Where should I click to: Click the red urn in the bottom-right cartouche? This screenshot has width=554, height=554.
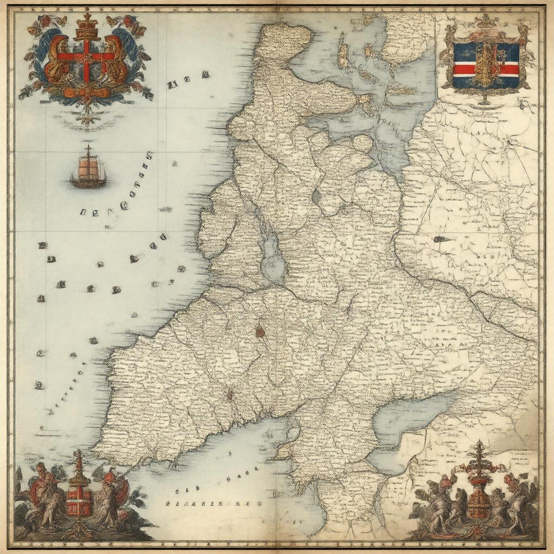(479, 500)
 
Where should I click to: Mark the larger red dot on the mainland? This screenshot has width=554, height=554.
(260, 331)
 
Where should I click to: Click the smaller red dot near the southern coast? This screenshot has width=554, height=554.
(229, 395)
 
